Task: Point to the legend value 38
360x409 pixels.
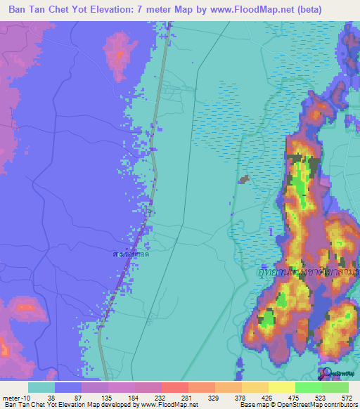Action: (51, 397)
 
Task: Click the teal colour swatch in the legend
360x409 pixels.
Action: (41, 387)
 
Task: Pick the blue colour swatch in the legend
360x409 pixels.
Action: (68, 387)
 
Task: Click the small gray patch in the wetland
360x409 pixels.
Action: (244, 180)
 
